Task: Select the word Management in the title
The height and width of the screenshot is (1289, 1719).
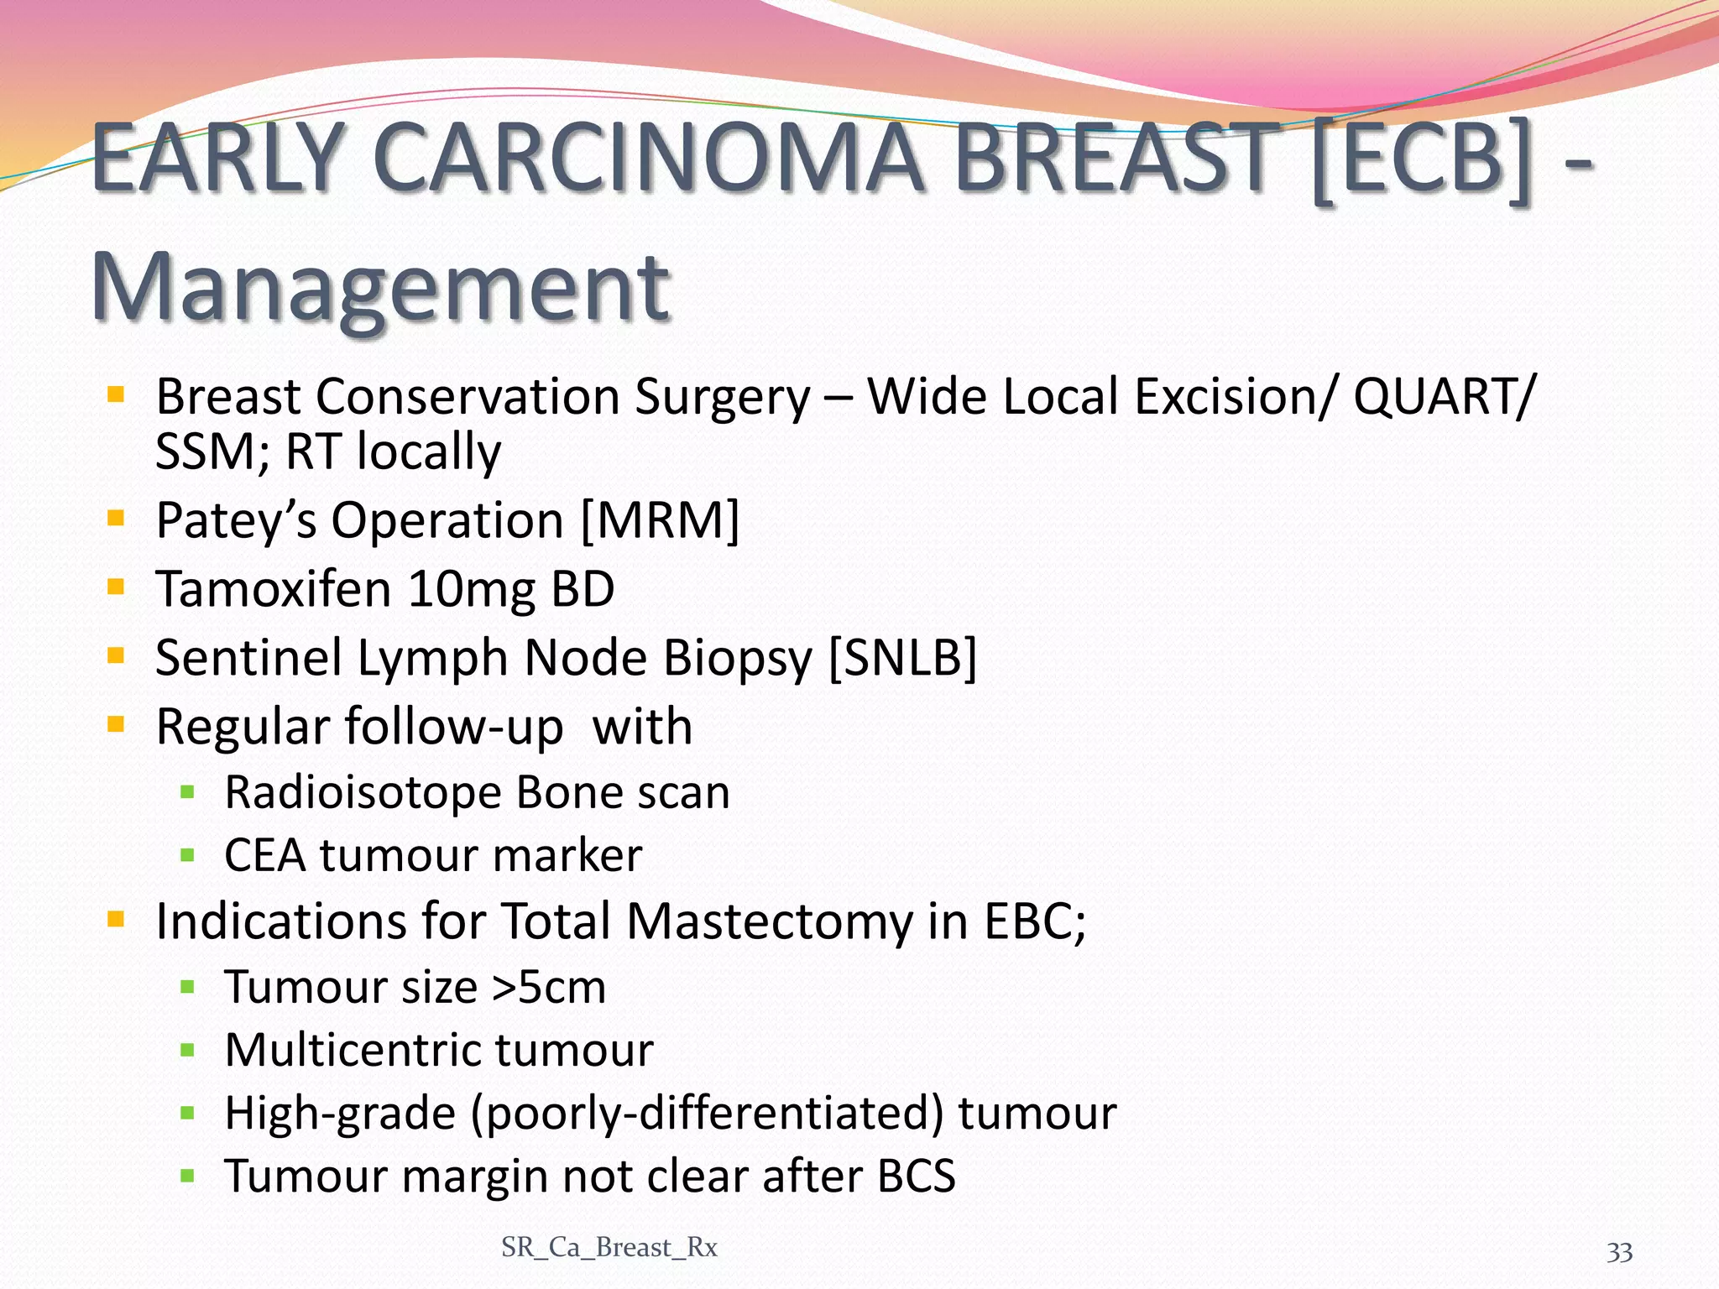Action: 379,287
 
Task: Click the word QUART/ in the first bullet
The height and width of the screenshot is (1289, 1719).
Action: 1444,396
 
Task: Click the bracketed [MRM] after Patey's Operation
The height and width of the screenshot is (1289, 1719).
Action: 661,520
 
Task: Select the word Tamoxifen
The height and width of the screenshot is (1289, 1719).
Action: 273,588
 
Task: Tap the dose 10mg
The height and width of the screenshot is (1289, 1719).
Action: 471,588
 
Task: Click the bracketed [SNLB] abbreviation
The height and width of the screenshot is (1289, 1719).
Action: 902,657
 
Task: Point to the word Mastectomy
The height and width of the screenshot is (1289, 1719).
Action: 769,921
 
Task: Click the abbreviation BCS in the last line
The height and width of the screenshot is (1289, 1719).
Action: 916,1176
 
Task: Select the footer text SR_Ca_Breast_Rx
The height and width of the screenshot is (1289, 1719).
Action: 609,1248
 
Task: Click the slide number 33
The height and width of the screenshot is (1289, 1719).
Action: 1619,1252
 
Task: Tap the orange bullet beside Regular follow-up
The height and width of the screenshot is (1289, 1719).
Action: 116,723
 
